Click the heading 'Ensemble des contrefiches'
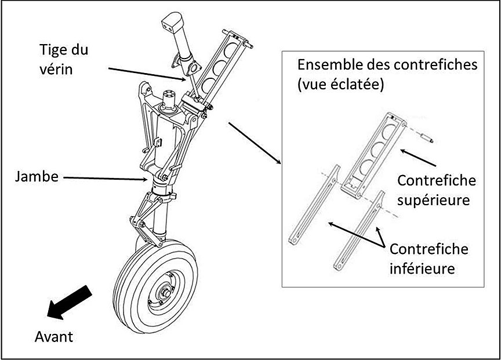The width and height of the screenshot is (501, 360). pyautogui.click(x=387, y=64)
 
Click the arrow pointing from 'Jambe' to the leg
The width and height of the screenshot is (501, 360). pyautogui.click(x=107, y=177)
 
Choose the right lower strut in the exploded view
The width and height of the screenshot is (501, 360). pyautogui.click(x=359, y=230)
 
